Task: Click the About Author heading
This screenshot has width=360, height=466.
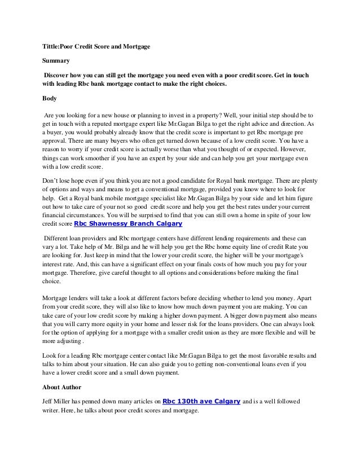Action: (62, 387)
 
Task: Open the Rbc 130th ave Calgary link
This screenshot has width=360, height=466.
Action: (202, 401)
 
